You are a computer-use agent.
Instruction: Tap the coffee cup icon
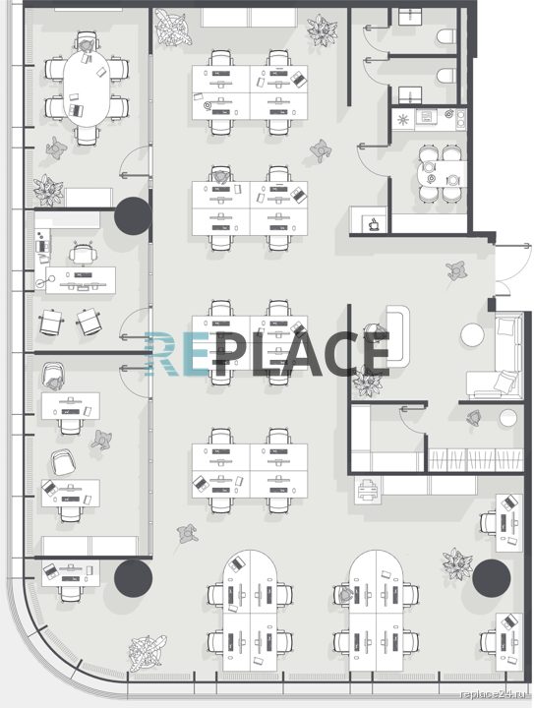point(375,224)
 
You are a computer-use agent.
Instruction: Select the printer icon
point(369,490)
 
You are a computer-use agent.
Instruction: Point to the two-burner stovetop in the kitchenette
point(461,118)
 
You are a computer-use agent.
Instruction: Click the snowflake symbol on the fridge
point(402,120)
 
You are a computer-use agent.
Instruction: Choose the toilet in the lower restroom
point(446,76)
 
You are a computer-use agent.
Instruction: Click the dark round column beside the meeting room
point(132,215)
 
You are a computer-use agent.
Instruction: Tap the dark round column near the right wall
point(492,577)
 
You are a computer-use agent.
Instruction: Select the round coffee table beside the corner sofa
point(472,335)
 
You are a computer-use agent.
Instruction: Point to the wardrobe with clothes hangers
point(476,459)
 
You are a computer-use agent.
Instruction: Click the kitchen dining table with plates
point(442,174)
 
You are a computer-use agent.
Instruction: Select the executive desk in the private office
point(81,280)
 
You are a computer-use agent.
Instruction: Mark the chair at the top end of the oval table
point(87,41)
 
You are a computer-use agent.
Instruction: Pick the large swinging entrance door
point(513,266)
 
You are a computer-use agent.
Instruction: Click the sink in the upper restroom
point(410,17)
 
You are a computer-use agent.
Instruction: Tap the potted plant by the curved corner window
point(147,653)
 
